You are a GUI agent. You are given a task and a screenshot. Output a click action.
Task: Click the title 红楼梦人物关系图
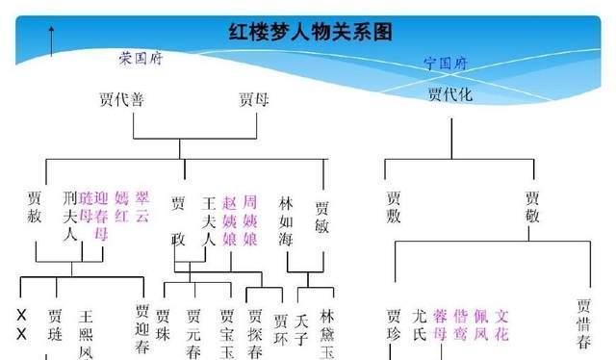[311, 31]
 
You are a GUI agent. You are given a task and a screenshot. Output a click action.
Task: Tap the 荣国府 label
[141, 59]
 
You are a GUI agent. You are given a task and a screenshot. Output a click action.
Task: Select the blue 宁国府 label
[445, 64]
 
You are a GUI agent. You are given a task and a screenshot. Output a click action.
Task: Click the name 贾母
[248, 98]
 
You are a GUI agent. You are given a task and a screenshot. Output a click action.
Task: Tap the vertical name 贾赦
[36, 208]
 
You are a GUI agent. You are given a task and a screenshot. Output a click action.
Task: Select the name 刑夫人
[69, 217]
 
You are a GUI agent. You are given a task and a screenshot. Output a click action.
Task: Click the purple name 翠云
[142, 208]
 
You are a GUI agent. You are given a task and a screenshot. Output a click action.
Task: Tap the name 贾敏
[321, 217]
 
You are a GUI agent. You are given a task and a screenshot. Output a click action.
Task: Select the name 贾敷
[393, 207]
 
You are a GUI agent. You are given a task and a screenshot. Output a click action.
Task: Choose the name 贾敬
[532, 207]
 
